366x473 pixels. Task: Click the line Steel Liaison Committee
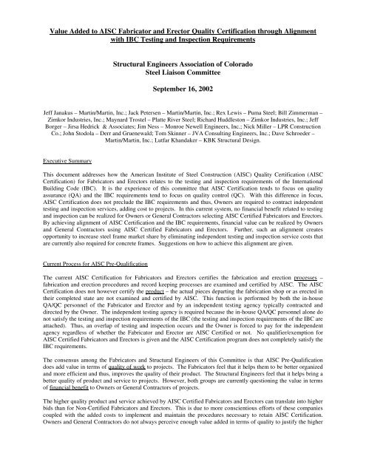183,79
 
